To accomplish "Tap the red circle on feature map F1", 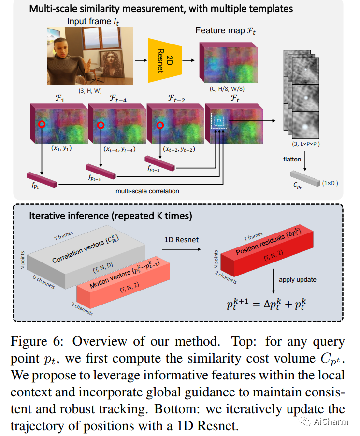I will (x=42, y=124).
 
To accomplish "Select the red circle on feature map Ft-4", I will (x=101, y=125).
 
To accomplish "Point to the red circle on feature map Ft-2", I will (x=159, y=125).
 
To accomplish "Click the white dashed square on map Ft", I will (x=218, y=119).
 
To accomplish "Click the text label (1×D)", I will (x=331, y=184).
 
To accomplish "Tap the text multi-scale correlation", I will (x=148, y=191).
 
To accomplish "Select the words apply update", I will (x=298, y=280).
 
